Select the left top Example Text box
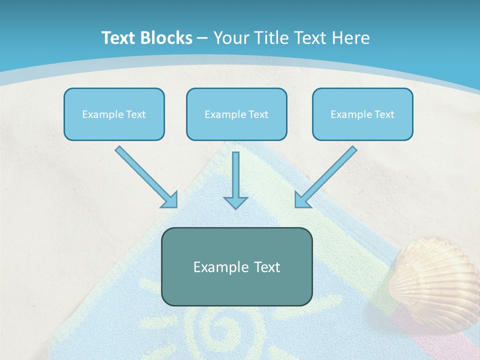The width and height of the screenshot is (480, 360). tap(114, 114)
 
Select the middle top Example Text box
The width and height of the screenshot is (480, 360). tap(236, 114)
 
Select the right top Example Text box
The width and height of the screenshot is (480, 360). tap(362, 114)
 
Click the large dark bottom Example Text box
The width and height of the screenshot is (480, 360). tap(236, 266)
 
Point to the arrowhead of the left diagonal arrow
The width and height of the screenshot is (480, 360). tap(170, 200)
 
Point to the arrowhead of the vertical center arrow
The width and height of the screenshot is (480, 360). tap(235, 202)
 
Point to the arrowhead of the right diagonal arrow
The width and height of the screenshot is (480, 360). tap(302, 200)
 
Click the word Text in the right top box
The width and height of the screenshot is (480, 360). tap(384, 114)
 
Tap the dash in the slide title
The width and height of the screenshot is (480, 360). tap(202, 38)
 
